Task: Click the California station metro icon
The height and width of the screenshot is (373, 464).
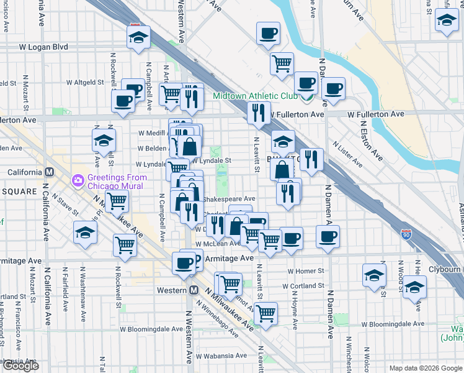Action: tap(49, 172)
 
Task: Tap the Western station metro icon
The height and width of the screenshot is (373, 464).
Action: tap(194, 290)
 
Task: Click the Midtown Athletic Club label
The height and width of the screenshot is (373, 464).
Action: tap(255, 96)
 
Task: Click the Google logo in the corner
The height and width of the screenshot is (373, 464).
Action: tap(20, 366)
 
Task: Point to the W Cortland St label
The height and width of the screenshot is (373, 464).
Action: tap(303, 287)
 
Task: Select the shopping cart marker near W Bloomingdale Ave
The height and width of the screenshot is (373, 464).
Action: tap(265, 314)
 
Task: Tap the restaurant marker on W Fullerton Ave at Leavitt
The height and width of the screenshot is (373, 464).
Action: tap(257, 113)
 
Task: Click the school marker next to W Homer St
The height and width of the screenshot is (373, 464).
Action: tap(374, 274)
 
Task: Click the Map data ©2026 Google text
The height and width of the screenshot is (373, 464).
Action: tap(426, 368)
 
